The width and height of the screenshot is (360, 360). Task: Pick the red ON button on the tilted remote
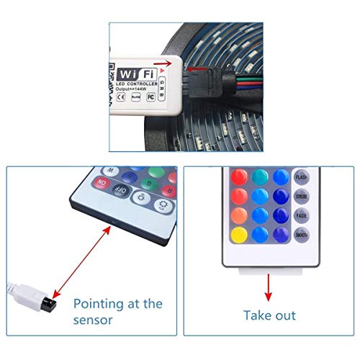[x=101, y=184]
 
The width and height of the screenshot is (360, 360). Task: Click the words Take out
[x=269, y=315]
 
